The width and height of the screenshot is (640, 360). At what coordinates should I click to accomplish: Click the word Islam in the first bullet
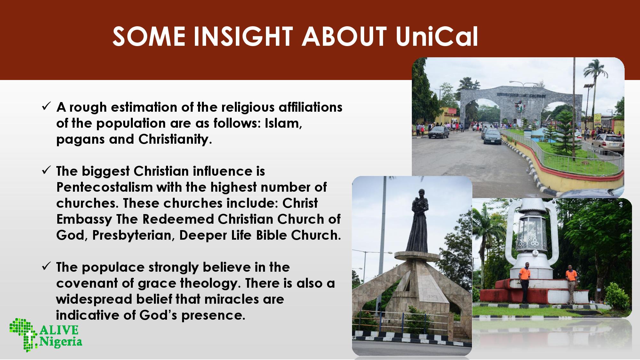point(283,124)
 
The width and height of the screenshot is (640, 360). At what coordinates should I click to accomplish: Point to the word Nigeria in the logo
point(61,342)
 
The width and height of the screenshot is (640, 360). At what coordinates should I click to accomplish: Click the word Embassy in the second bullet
point(84,220)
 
